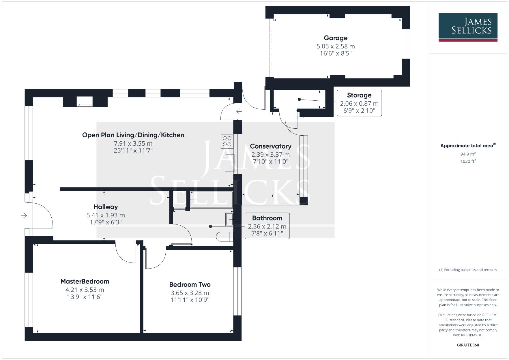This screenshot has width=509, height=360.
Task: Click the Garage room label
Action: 335,38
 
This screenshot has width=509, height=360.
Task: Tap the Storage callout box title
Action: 359,95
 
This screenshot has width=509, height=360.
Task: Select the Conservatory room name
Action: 270,146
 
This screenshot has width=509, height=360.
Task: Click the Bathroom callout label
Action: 267,218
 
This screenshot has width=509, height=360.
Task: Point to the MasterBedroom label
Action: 85,281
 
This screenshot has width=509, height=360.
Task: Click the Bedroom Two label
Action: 190,285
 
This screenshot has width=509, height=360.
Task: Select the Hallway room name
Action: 105,207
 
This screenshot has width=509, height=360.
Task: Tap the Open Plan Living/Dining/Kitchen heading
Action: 133,135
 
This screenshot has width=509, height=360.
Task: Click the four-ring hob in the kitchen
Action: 227,141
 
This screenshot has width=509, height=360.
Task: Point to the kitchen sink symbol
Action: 230,163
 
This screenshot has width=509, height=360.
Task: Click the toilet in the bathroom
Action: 223,237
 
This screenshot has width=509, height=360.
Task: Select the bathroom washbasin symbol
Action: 230,219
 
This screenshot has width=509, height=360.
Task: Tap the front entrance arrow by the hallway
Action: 24,215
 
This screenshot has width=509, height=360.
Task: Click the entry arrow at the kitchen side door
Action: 239,112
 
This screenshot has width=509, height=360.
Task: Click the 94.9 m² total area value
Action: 468,154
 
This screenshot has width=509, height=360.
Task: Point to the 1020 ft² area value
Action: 468,161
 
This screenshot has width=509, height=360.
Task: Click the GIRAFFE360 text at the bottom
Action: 468,345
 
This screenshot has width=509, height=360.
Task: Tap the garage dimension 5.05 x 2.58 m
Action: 335,46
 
